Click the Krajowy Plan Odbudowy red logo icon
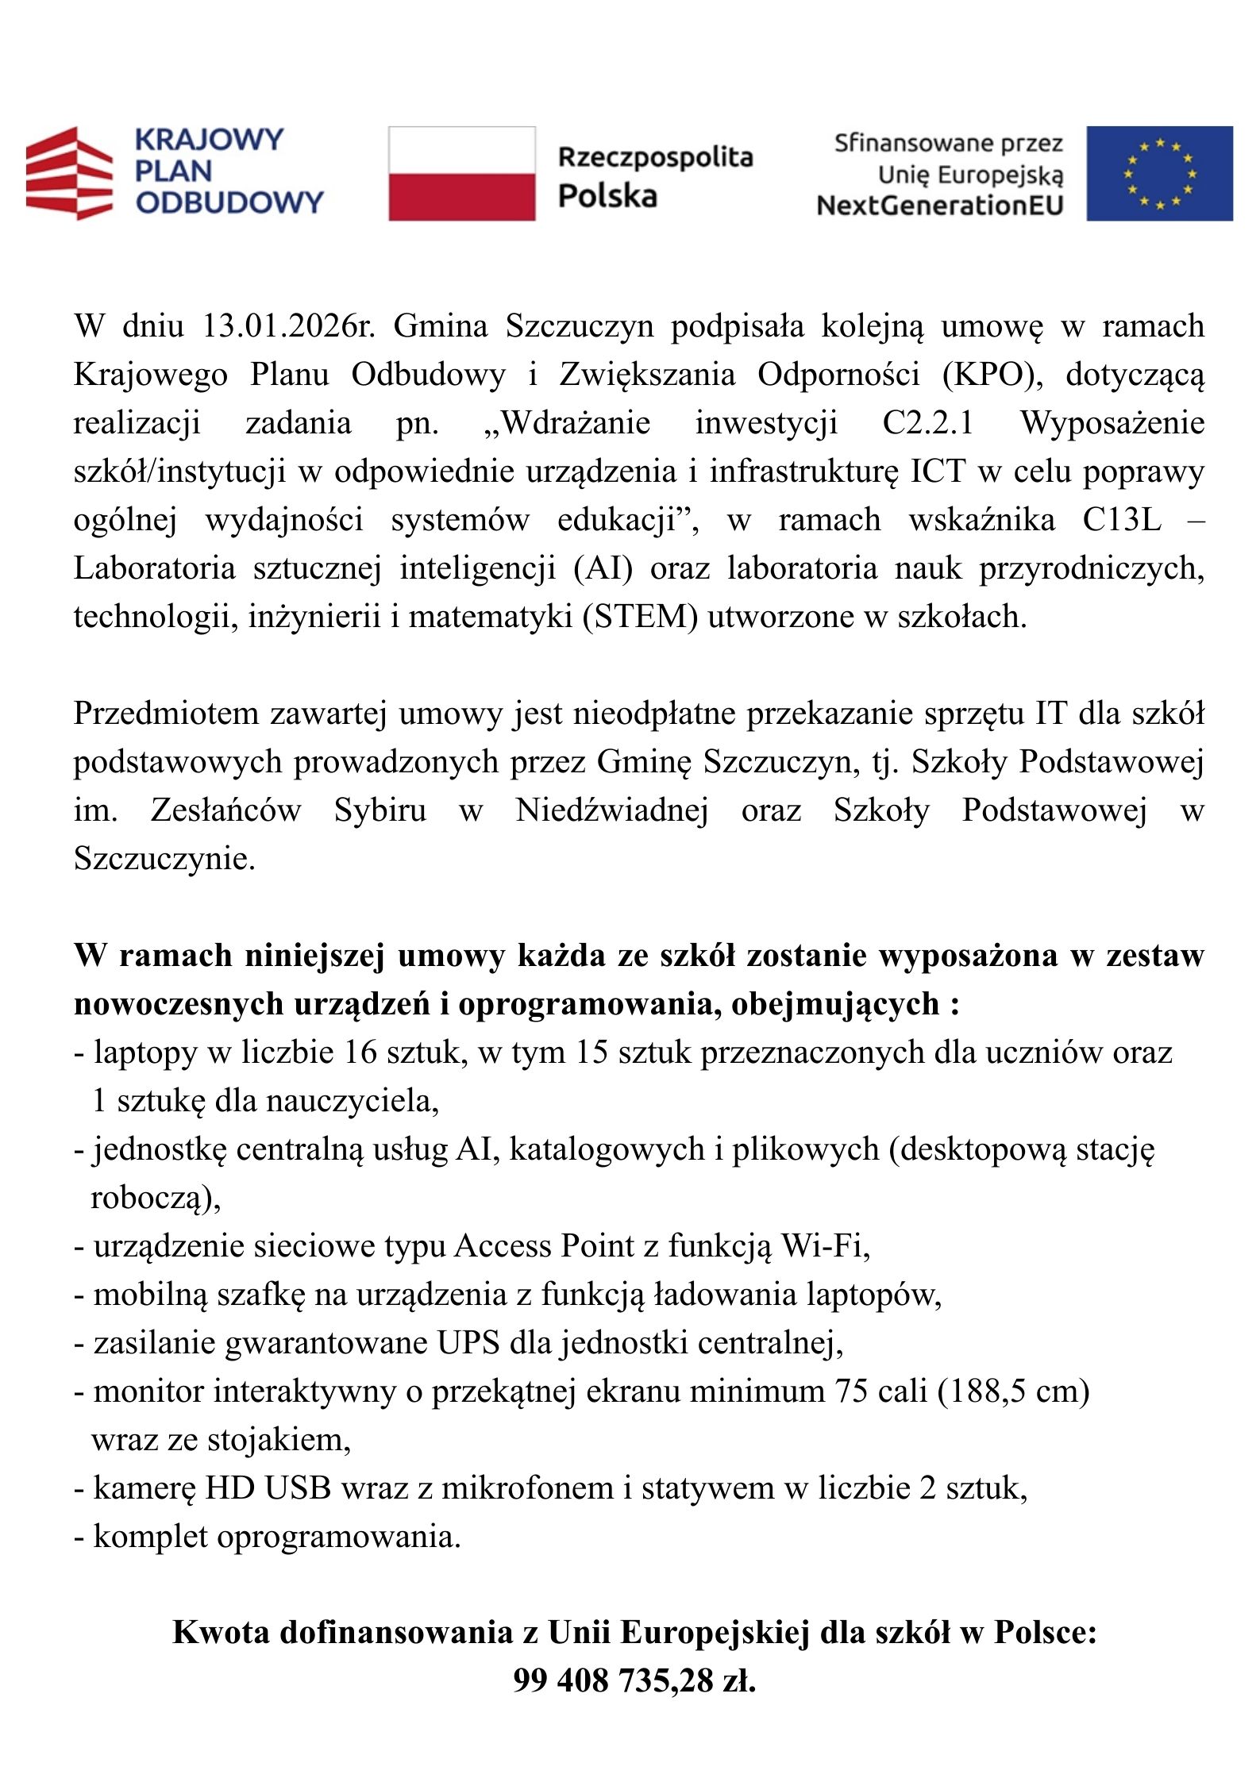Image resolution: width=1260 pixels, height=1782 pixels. pyautogui.click(x=69, y=172)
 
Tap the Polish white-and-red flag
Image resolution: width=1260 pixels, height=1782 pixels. pyautogui.click(x=461, y=173)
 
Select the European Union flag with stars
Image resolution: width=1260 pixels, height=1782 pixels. pyautogui.click(x=1159, y=173)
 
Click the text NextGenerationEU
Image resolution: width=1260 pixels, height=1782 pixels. pyautogui.click(x=939, y=206)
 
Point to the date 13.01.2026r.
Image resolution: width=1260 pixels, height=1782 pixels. pyautogui.click(x=288, y=326)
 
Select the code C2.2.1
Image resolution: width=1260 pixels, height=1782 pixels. pyautogui.click(x=928, y=423)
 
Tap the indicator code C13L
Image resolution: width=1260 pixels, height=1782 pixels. pyautogui.click(x=1121, y=520)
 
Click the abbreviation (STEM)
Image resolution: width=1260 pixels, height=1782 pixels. pyautogui.click(x=640, y=617)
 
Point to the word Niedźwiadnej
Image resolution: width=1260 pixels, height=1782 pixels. pyautogui.click(x=611, y=810)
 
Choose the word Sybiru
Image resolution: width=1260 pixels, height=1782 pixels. pyautogui.click(x=380, y=810)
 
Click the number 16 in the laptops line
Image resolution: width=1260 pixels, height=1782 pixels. pyautogui.click(x=360, y=1053)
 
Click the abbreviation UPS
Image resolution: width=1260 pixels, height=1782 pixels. pyautogui.click(x=468, y=1343)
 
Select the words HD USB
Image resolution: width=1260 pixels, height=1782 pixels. pyautogui.click(x=268, y=1488)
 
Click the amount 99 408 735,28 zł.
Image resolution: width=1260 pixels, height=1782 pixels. pyautogui.click(x=634, y=1680)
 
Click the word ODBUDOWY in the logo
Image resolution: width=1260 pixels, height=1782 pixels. pyautogui.click(x=229, y=202)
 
